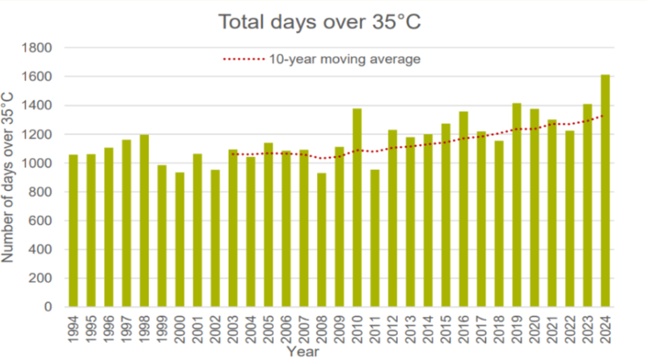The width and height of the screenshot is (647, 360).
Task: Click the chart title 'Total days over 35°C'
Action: pyautogui.click(x=319, y=22)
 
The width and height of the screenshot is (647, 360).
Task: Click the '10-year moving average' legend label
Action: pyautogui.click(x=345, y=59)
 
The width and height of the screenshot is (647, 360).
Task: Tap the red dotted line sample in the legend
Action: pyautogui.click(x=243, y=59)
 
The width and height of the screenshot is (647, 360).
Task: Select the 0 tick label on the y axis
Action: pyautogui.click(x=49, y=307)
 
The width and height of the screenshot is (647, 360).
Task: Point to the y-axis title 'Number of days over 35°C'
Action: pyautogui.click(x=10, y=177)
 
